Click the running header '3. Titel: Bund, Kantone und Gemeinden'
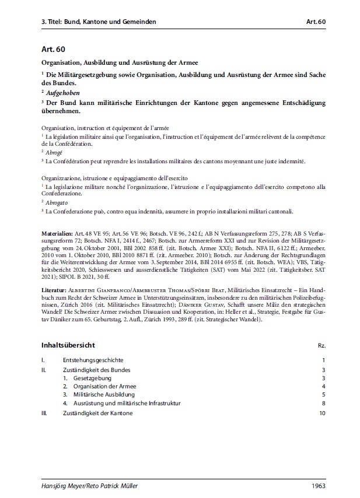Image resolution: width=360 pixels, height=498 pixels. pyautogui.click(x=99, y=22)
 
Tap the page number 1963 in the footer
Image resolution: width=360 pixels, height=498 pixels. pyautogui.click(x=316, y=485)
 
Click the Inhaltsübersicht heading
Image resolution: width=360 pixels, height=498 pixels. pyautogui.click(x=72, y=345)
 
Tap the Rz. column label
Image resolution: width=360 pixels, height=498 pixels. pyautogui.click(x=320, y=346)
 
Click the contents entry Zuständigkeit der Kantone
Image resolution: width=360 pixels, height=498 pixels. pyautogui.click(x=97, y=413)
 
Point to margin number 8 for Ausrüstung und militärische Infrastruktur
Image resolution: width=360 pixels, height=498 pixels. pyautogui.click(x=322, y=404)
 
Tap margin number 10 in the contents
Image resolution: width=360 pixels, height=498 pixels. pyautogui.click(x=321, y=413)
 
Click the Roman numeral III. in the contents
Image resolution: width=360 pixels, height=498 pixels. pyautogui.click(x=44, y=413)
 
